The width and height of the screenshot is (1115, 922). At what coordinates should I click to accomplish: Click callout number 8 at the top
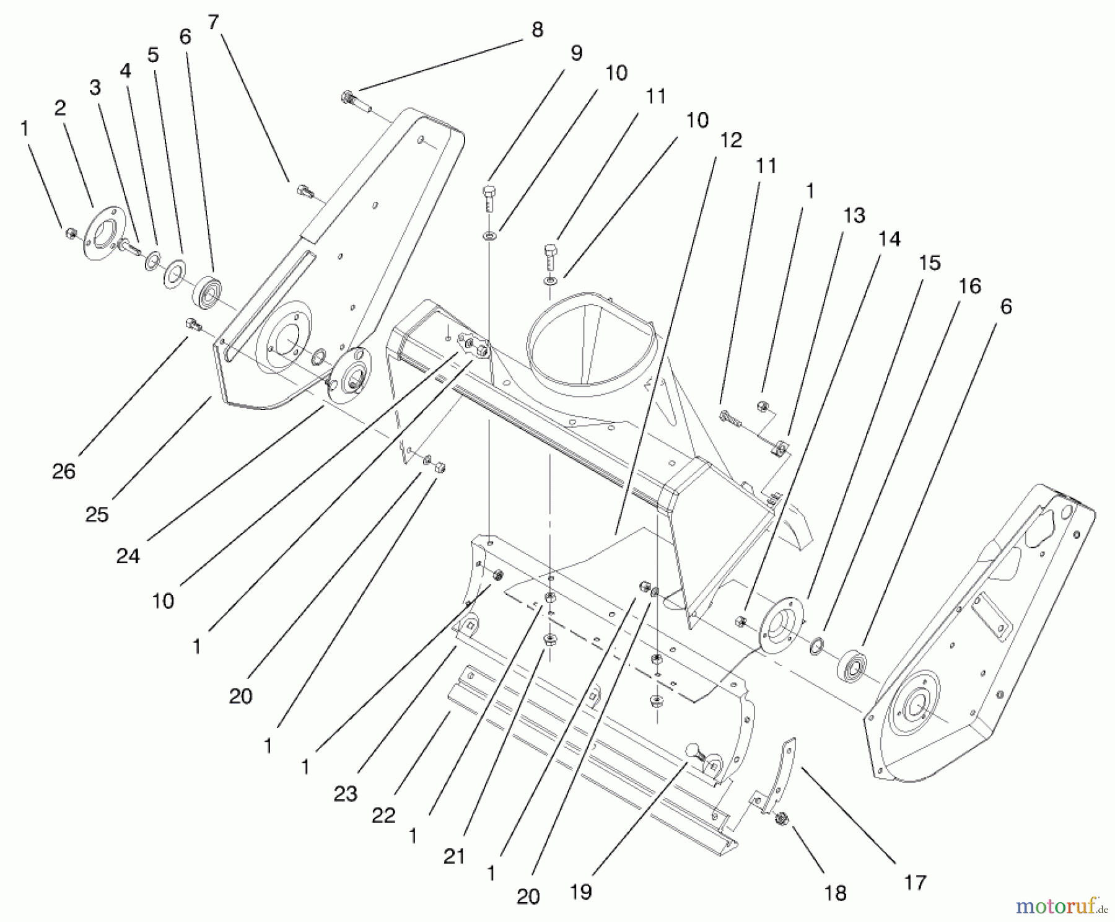click(537, 30)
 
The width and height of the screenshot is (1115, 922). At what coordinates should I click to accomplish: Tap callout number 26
click(64, 472)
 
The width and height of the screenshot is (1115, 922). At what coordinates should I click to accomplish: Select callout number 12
click(731, 141)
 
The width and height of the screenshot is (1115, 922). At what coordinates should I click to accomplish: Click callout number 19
click(581, 892)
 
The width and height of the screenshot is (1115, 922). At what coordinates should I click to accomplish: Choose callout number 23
click(345, 794)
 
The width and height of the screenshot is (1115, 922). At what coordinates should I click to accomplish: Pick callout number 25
click(97, 514)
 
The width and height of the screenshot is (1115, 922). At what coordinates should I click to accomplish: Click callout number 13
click(854, 216)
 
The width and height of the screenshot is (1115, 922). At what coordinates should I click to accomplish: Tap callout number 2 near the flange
click(59, 108)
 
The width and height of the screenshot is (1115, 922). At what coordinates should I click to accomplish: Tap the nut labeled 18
click(781, 819)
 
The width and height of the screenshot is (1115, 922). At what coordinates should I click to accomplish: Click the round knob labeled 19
click(693, 751)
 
